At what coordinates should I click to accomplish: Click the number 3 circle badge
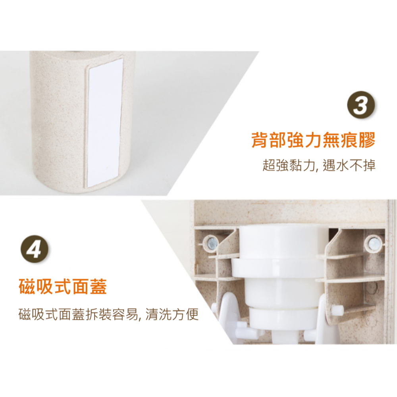tap(360, 105)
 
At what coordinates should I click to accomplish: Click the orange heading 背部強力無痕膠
tap(313, 141)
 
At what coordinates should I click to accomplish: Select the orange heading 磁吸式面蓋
tap(63, 287)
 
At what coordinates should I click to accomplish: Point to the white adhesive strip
tap(104, 121)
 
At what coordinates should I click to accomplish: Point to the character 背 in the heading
tap(260, 141)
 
